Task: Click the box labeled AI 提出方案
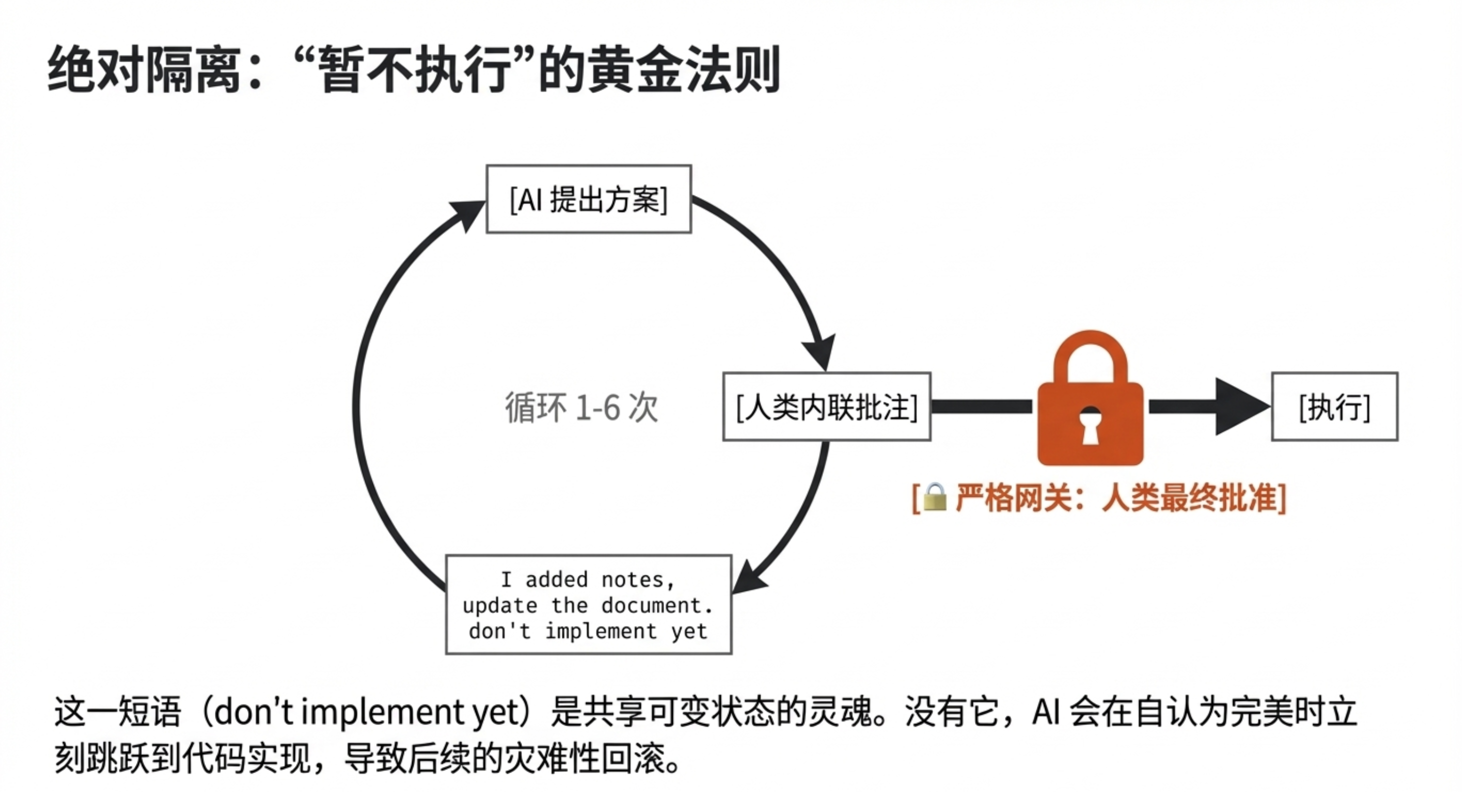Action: [x=588, y=199]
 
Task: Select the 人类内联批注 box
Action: [x=826, y=407]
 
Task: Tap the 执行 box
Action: [x=1334, y=407]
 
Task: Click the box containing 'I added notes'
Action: [x=588, y=604]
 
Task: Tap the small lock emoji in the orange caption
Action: [x=934, y=498]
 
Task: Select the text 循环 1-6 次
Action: [x=581, y=407]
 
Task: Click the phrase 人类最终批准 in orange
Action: [x=1189, y=498]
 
